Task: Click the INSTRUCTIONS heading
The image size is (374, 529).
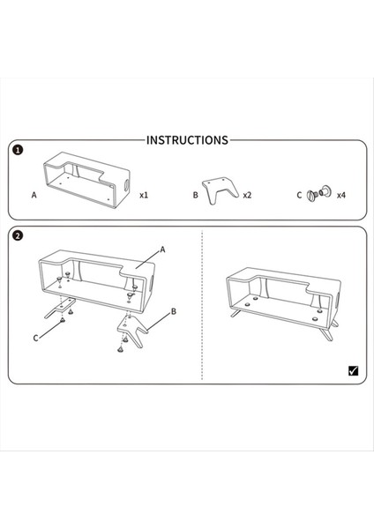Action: coord(187,140)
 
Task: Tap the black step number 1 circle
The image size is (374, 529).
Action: coord(18,150)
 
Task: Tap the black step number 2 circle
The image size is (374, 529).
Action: coord(18,235)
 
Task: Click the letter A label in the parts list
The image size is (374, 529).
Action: coord(34,195)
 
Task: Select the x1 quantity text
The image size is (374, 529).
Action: coord(144,195)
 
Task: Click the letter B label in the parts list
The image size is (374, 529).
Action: coord(196,195)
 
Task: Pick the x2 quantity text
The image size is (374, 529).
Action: coord(247,195)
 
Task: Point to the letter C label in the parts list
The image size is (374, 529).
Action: coord(299,195)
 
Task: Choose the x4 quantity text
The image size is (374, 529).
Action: coord(341,195)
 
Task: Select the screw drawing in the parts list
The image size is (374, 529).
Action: coord(319,193)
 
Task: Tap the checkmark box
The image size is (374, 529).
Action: coord(353,371)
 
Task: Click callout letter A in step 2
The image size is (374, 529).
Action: coord(162,250)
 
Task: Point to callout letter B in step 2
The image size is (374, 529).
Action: coord(174,311)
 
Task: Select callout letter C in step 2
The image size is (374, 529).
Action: coord(36,338)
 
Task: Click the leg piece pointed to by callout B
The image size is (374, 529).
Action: coord(132,331)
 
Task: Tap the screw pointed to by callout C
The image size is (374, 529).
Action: coord(62,319)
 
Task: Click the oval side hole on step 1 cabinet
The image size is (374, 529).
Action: coord(127,185)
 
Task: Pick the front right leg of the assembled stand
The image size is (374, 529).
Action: coord(326,334)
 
